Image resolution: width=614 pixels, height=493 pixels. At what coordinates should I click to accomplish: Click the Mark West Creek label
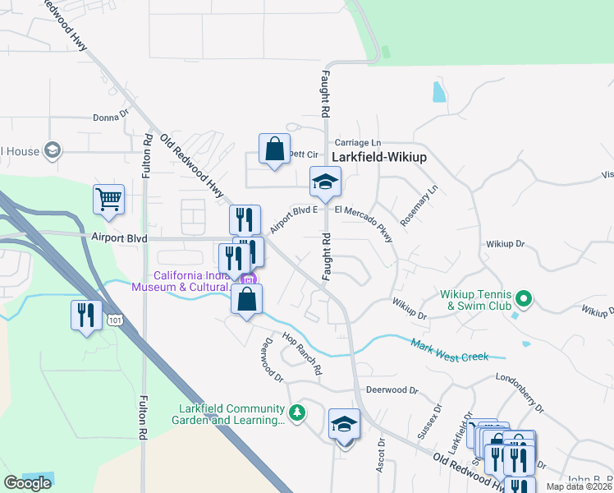(x=450, y=350)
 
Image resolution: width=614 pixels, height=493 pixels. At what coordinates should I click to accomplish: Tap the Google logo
(x=27, y=483)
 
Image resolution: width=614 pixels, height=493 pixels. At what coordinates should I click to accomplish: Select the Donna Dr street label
(x=111, y=117)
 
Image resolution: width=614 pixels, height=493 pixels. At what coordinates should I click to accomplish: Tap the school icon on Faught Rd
(x=325, y=182)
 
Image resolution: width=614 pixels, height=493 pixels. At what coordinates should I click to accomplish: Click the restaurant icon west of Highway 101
(x=85, y=315)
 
